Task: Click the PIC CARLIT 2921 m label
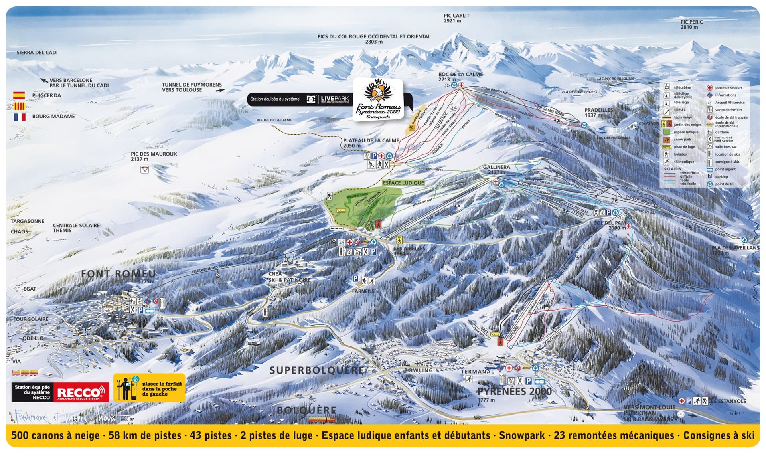pyautogui.click(x=456, y=18)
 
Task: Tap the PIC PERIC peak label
pyautogui.click(x=691, y=24)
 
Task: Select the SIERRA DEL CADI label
pyautogui.click(x=37, y=52)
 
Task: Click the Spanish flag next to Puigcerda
pyautogui.click(x=19, y=95)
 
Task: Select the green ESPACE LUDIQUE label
pyautogui.click(x=403, y=182)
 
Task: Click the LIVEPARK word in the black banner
pyautogui.click(x=335, y=99)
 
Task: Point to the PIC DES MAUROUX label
pyautogui.click(x=154, y=156)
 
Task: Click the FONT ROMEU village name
pyautogui.click(x=118, y=274)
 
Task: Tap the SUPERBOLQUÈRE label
pyautogui.click(x=317, y=370)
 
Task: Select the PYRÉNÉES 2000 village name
pyautogui.click(x=515, y=391)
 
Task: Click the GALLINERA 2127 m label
pyautogui.click(x=496, y=169)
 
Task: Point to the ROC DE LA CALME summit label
pyautogui.click(x=460, y=77)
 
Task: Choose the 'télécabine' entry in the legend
pyautogui.click(x=682, y=87)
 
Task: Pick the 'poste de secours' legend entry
pyautogui.click(x=728, y=87)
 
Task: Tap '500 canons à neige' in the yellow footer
pyautogui.click(x=55, y=435)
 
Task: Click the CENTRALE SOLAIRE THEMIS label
pyautogui.click(x=76, y=228)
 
